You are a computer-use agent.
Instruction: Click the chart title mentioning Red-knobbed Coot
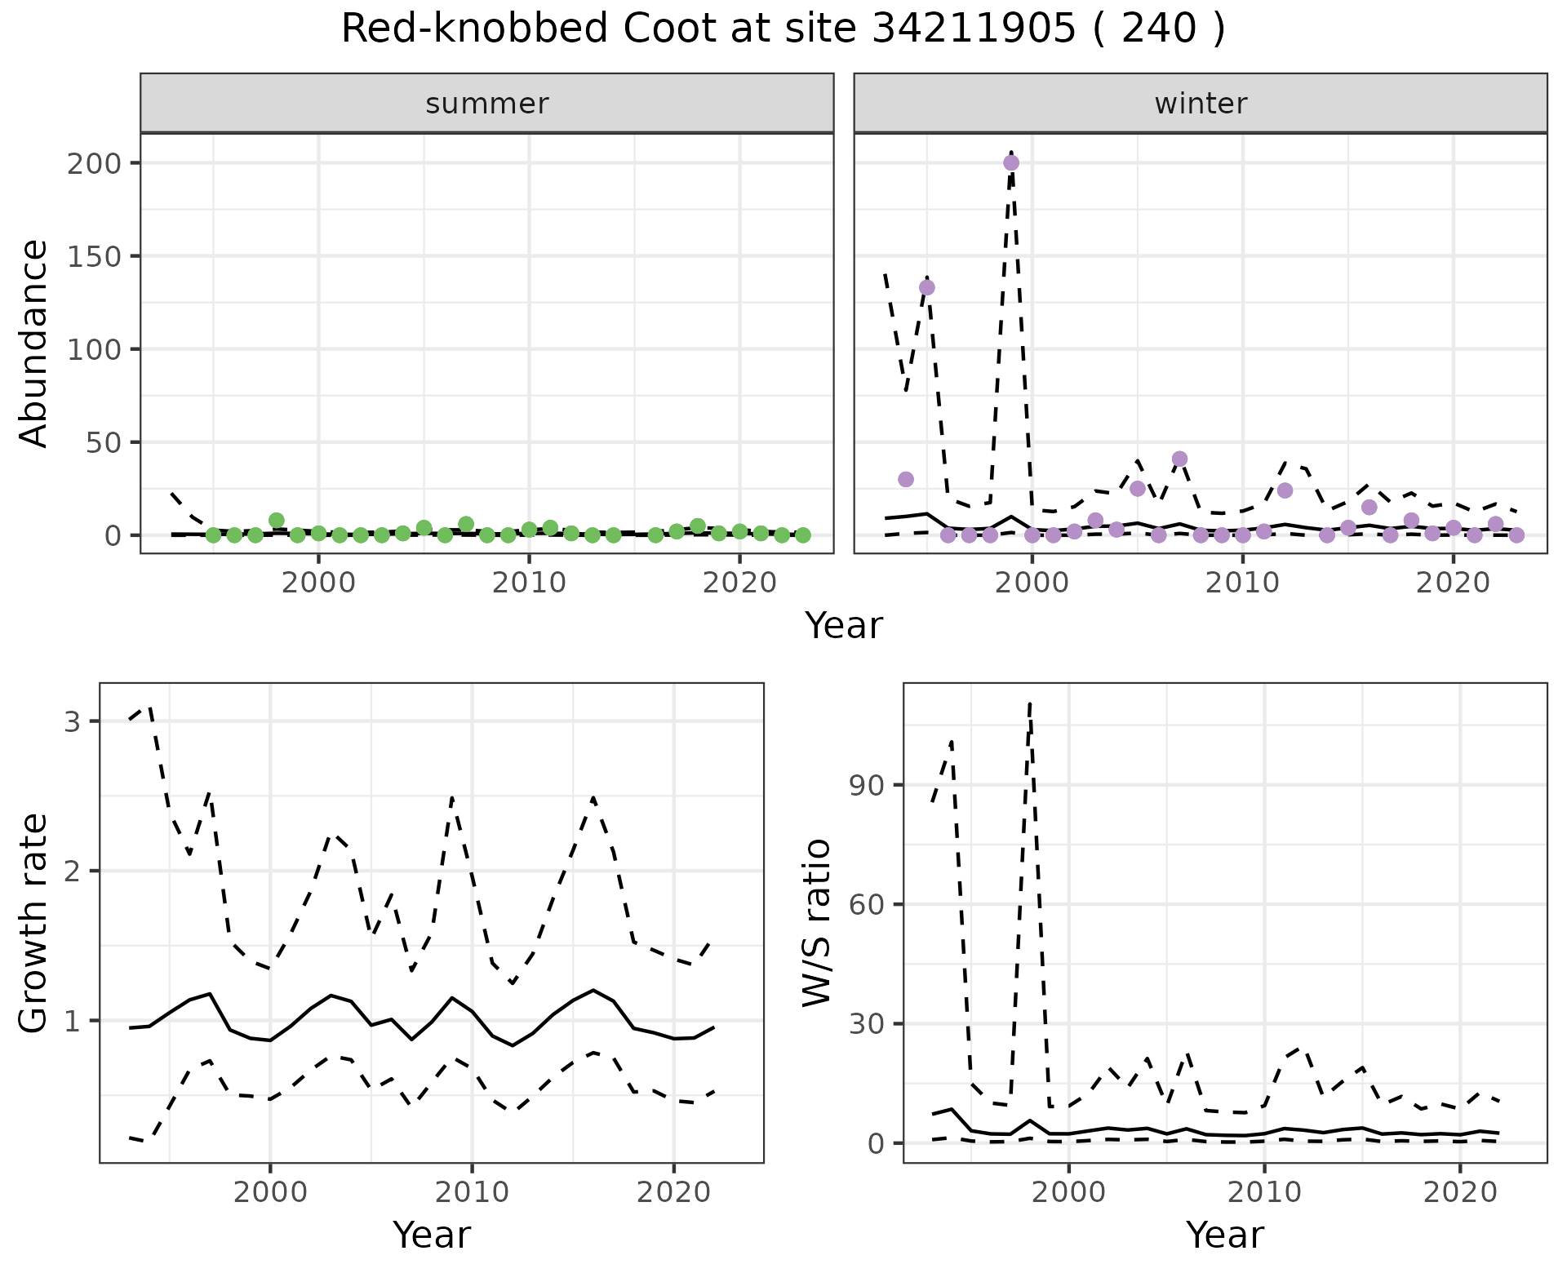tap(783, 29)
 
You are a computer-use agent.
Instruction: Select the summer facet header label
tap(487, 104)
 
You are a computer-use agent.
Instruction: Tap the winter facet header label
tap(1201, 104)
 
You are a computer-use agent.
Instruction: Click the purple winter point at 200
tap(1011, 162)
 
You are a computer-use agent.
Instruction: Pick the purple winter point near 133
tap(927, 287)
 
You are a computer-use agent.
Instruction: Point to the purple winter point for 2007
tap(1179, 459)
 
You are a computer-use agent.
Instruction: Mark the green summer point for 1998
tap(277, 521)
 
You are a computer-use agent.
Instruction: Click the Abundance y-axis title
tap(34, 344)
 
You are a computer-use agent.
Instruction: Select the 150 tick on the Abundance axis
tap(100, 256)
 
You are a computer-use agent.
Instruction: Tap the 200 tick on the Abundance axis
tap(100, 163)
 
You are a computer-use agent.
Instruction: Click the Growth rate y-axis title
tap(34, 922)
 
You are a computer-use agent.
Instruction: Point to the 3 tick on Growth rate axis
tap(72, 721)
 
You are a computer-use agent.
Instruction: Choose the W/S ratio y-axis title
tap(816, 922)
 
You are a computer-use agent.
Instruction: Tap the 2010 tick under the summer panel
tap(529, 583)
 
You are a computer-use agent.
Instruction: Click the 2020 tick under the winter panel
tap(1453, 583)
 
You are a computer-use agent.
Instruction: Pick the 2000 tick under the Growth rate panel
tap(270, 1192)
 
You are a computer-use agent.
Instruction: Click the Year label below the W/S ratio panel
tap(1225, 1235)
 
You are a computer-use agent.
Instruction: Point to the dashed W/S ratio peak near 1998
tap(1031, 703)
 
